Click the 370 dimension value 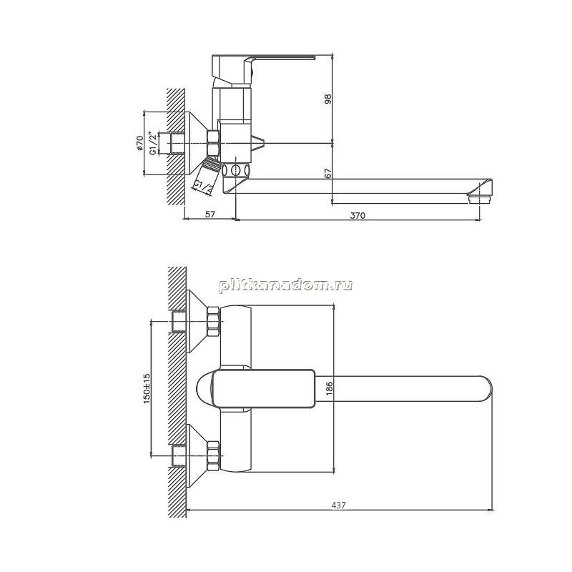[x=357, y=215]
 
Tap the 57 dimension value [x=209, y=214]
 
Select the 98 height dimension [x=328, y=99]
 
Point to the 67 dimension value [x=328, y=173]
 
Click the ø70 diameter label [x=139, y=143]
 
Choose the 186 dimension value [x=329, y=389]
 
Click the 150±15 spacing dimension [x=147, y=388]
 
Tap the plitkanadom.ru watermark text [x=285, y=285]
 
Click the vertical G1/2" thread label [x=154, y=143]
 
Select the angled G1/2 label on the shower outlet [x=203, y=187]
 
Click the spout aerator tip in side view [x=479, y=199]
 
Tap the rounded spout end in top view [x=487, y=389]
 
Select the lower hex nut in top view [x=213, y=455]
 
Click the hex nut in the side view [x=213, y=143]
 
